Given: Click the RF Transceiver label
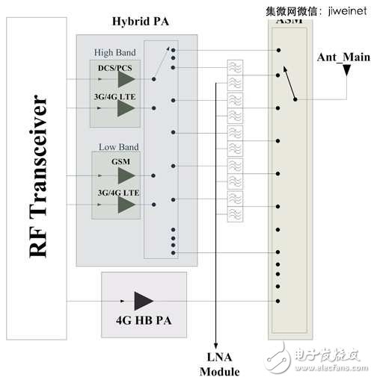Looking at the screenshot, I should [x=38, y=176].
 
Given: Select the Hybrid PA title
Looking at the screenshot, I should [x=141, y=22].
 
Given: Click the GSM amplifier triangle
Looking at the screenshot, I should [x=126, y=175].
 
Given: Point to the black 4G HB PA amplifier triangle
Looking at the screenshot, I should [x=142, y=301].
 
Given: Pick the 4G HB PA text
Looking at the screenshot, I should [x=143, y=325].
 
